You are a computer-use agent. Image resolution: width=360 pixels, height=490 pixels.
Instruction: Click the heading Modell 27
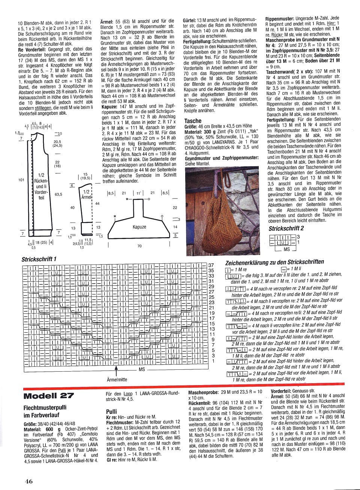(49, 396)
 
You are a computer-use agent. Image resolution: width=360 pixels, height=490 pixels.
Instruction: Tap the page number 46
(29, 481)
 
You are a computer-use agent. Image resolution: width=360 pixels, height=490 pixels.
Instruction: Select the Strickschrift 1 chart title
(39, 259)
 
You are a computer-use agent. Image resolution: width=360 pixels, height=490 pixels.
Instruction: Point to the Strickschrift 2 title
(286, 228)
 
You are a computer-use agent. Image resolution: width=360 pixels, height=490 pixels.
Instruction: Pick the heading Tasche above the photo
(193, 121)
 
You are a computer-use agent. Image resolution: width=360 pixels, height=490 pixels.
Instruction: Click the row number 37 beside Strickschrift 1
(211, 265)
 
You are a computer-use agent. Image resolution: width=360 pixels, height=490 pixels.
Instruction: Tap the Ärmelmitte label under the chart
(117, 379)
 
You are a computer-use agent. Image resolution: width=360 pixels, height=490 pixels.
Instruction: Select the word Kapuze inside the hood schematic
(139, 227)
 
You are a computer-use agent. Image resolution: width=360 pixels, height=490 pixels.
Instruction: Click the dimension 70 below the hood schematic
(139, 246)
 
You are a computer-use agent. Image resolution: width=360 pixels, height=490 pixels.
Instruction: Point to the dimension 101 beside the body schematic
(21, 180)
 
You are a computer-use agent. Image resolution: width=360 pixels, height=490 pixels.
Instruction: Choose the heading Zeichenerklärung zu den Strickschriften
(274, 262)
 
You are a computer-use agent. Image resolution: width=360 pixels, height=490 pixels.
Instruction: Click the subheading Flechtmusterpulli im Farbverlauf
(48, 411)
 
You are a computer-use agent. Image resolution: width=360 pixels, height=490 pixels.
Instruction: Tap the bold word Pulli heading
(111, 411)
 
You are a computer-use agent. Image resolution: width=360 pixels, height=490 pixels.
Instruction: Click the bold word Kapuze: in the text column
(109, 107)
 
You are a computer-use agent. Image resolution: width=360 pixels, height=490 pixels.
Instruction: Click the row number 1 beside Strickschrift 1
(213, 361)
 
